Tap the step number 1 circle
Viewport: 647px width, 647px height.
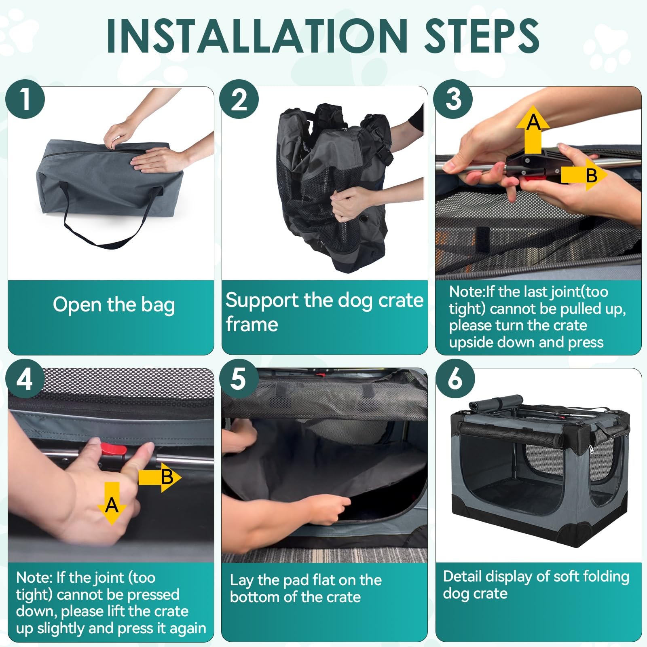[25, 99]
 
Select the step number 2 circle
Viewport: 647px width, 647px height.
[239, 99]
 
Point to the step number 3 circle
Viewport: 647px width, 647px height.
[453, 99]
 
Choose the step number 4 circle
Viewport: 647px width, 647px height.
[25, 379]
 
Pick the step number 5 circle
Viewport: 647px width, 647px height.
[239, 379]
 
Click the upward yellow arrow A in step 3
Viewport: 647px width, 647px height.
[533, 129]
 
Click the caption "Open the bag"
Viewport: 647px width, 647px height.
[114, 305]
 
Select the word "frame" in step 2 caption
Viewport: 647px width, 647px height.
[252, 324]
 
